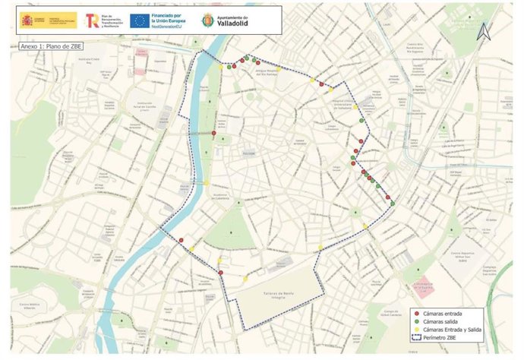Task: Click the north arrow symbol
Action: pyautogui.click(x=482, y=31)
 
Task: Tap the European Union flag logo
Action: pyautogui.click(x=139, y=21)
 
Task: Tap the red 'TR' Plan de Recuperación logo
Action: pyautogui.click(x=91, y=20)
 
